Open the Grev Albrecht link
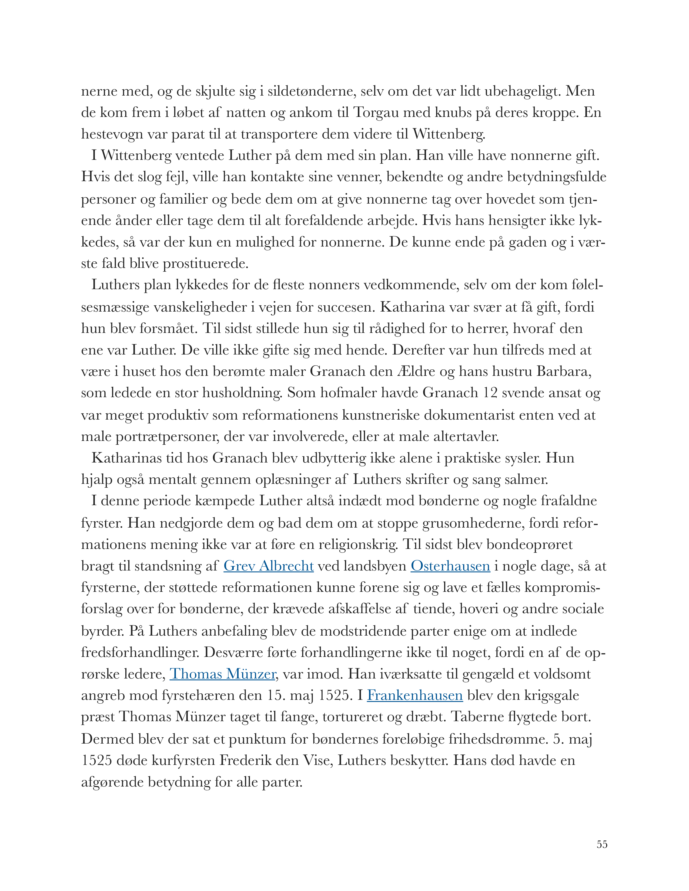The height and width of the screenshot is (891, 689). (268, 566)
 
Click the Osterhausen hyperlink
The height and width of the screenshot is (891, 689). (450, 566)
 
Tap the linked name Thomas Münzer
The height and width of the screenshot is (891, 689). (222, 674)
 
